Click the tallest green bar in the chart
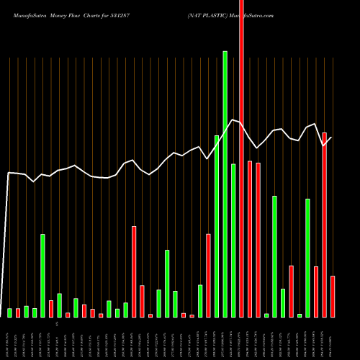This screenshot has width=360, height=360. (x=225, y=184)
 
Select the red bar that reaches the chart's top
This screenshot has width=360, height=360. (x=241, y=158)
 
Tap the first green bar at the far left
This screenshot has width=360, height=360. (x=10, y=312)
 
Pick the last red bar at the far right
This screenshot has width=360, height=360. (x=333, y=296)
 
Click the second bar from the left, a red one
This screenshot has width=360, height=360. (x=18, y=312)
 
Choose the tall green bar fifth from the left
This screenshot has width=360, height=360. (x=42, y=275)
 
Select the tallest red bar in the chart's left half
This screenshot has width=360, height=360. (x=134, y=271)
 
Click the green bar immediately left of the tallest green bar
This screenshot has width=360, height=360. (x=217, y=226)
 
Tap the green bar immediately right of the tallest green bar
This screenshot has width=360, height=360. (x=233, y=240)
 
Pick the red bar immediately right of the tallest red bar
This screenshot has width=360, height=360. (x=250, y=238)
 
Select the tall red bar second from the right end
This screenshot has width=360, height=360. (x=325, y=225)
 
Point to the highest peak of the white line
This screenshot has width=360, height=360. (x=233, y=120)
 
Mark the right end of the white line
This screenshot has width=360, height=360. (x=332, y=138)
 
